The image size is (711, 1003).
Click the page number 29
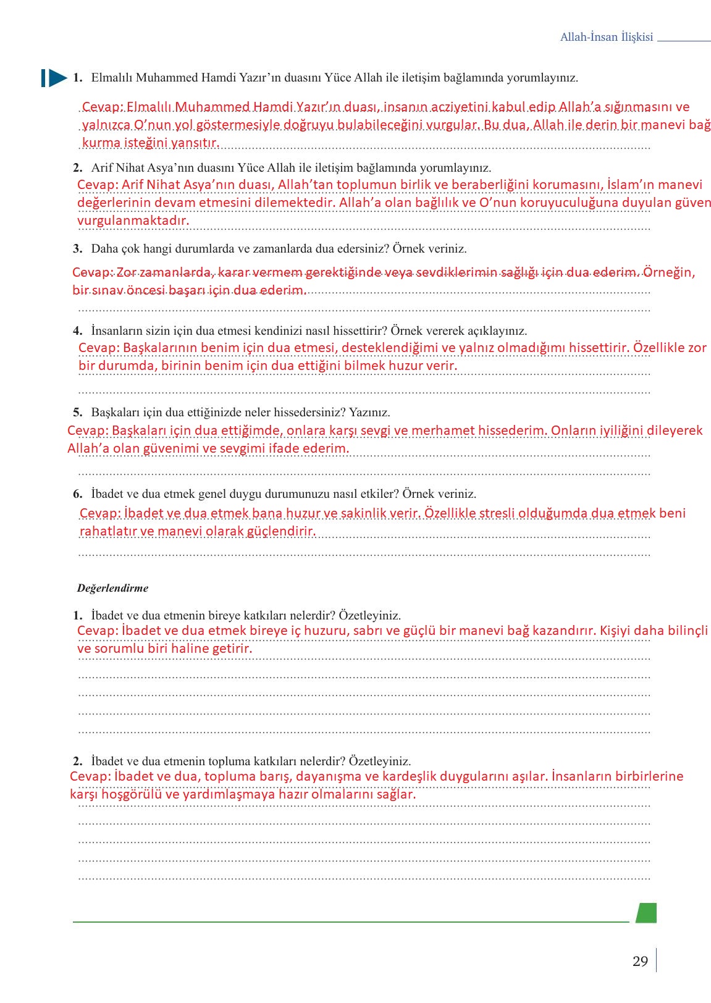tap(640, 962)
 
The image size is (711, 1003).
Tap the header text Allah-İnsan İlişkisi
tap(606, 37)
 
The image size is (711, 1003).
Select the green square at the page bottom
tap(646, 913)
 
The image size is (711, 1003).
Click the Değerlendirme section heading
tap(112, 588)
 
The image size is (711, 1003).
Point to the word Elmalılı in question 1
tap(111, 78)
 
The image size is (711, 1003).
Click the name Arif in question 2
tap(102, 168)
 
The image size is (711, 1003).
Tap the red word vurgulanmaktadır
tap(133, 220)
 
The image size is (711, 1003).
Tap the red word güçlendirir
tap(281, 531)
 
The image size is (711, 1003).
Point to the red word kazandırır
tap(565, 631)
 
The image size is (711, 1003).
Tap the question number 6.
tap(77, 494)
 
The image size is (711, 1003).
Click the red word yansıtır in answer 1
tap(196, 143)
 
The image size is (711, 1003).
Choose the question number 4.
tap(77, 331)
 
